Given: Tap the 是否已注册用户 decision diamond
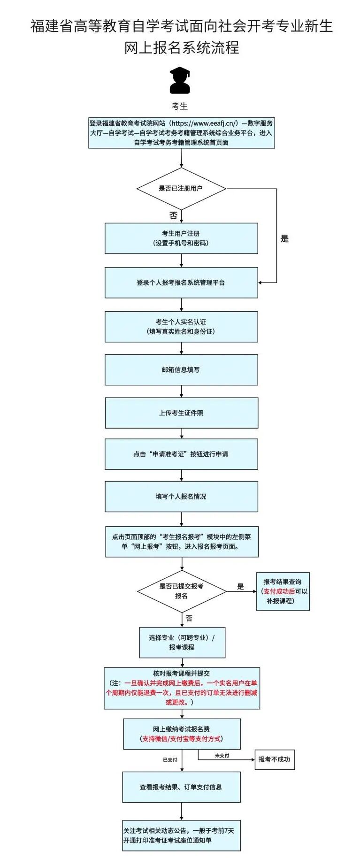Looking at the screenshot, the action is coord(181,189).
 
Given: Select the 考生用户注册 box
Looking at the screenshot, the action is coord(181,238).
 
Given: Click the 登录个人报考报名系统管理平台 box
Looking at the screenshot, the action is coord(181,283).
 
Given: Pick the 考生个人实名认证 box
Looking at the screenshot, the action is coord(181,327).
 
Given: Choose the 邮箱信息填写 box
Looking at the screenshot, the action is coord(181,370).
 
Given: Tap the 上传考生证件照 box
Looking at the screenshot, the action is coord(181,413).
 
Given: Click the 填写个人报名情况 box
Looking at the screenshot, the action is coord(181,497).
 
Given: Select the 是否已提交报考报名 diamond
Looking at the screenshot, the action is coord(181,591).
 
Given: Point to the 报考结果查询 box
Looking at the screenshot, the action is coord(283,591).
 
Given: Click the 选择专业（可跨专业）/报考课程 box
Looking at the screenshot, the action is coord(182,643).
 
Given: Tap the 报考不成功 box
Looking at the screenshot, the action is coord(274,759).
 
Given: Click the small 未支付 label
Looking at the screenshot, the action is coord(222,756).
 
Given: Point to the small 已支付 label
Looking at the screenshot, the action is coord(170,760).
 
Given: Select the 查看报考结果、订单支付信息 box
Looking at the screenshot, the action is coord(181,787).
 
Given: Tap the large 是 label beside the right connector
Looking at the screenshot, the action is coord(284,239).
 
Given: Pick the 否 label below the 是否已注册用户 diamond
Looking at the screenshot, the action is coord(173,216).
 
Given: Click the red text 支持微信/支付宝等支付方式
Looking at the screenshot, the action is coord(181,739).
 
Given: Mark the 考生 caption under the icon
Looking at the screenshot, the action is coord(180,106).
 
